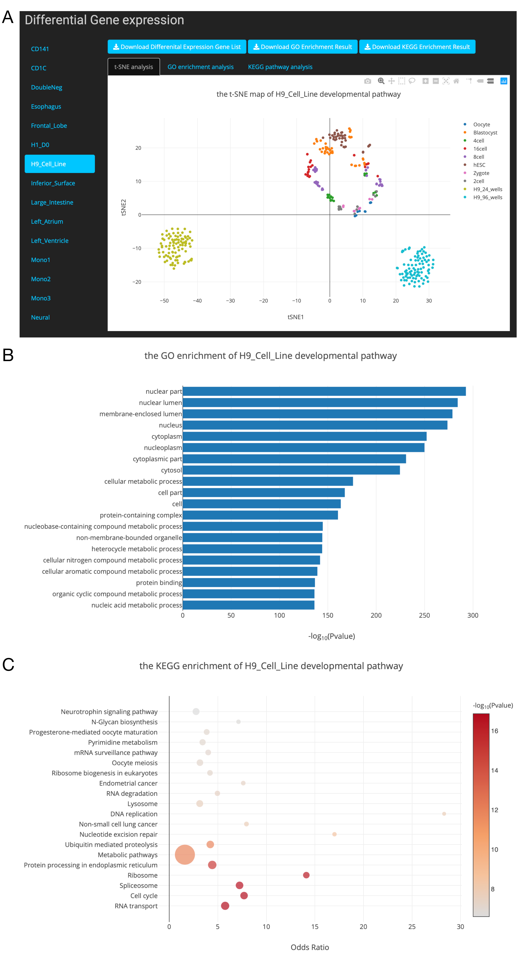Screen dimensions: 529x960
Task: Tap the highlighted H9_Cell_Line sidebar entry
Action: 60,164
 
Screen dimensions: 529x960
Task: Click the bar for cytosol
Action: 291,470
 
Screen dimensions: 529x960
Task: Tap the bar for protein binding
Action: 249,583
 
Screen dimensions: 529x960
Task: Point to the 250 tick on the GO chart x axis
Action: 424,615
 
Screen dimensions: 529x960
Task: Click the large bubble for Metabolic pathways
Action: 185,855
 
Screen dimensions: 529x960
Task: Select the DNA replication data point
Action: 444,814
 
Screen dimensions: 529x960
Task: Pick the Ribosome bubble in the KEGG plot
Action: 306,875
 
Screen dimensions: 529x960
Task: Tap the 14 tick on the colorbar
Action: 494,770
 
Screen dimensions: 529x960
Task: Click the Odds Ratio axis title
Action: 310,947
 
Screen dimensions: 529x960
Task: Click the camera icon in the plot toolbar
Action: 367,81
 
